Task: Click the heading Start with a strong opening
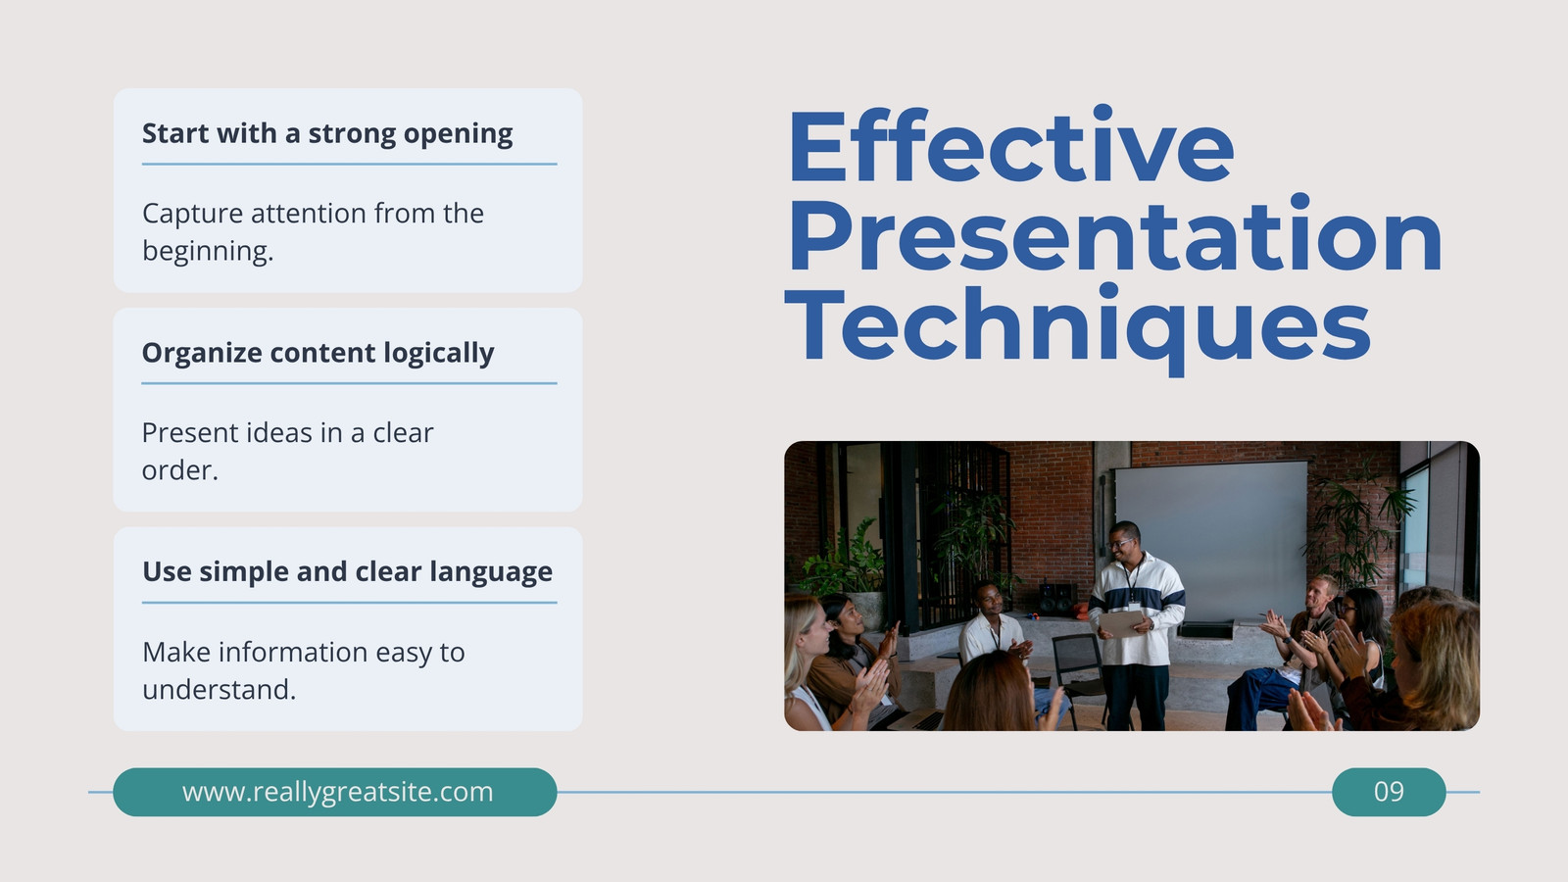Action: coord(327,133)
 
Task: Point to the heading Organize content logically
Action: coord(318,353)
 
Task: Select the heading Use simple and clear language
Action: coord(347,572)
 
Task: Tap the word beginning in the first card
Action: coord(208,251)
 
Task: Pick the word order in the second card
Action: coord(180,470)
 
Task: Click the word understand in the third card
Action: coord(220,690)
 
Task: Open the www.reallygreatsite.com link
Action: coord(337,792)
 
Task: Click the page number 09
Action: coord(1389,792)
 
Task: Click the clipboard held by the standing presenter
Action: coord(1121,623)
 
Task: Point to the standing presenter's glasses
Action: coord(1121,543)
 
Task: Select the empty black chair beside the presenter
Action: coord(1079,675)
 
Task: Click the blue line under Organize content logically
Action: coord(349,383)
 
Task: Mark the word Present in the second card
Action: coord(190,433)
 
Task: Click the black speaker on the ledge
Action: coord(1057,599)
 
